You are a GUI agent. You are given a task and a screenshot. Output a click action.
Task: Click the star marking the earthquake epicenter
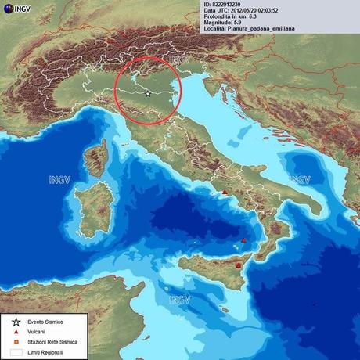pyautogui.click(x=148, y=92)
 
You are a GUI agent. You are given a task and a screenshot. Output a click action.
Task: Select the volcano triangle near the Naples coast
pyautogui.click(x=225, y=192)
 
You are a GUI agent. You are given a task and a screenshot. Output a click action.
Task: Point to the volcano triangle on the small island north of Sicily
pyautogui.click(x=244, y=240)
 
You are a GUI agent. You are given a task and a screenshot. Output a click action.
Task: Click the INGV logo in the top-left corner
pyautogui.click(x=19, y=9)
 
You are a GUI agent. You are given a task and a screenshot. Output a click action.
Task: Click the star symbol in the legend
pyautogui.click(x=16, y=322)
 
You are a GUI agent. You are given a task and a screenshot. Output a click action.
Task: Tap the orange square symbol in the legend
pyautogui.click(x=16, y=342)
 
